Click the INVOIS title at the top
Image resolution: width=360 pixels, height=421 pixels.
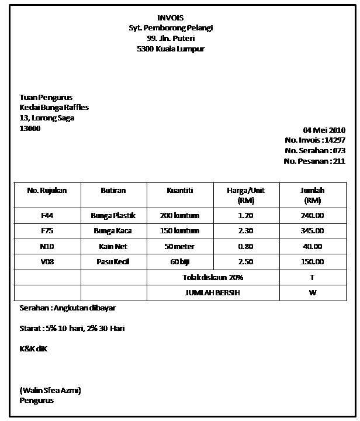tap(170, 18)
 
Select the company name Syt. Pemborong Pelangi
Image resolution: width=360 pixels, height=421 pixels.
tap(171, 28)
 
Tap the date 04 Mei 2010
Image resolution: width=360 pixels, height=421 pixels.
tap(324, 130)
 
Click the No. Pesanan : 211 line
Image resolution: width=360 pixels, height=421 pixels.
tap(314, 161)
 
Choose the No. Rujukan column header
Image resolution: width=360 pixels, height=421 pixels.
tap(47, 191)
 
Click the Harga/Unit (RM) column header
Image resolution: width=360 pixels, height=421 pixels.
tap(246, 195)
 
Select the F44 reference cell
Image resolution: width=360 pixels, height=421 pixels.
tap(47, 215)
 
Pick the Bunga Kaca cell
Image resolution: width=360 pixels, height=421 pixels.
tap(113, 231)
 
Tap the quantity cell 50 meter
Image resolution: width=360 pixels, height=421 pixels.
tap(179, 246)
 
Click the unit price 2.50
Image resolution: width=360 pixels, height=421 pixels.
tap(245, 262)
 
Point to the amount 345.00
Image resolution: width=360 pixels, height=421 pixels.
tap(312, 231)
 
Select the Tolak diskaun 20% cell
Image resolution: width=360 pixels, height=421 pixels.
tap(213, 277)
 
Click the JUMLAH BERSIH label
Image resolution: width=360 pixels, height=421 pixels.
tap(213, 292)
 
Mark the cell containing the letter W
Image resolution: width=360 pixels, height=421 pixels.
tap(312, 292)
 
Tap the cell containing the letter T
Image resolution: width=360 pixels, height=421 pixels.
tap(312, 277)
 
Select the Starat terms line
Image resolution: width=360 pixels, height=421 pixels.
tap(72, 329)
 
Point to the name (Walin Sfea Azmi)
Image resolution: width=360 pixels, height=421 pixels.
tap(50, 390)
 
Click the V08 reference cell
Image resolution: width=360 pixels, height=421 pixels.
tap(47, 262)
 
